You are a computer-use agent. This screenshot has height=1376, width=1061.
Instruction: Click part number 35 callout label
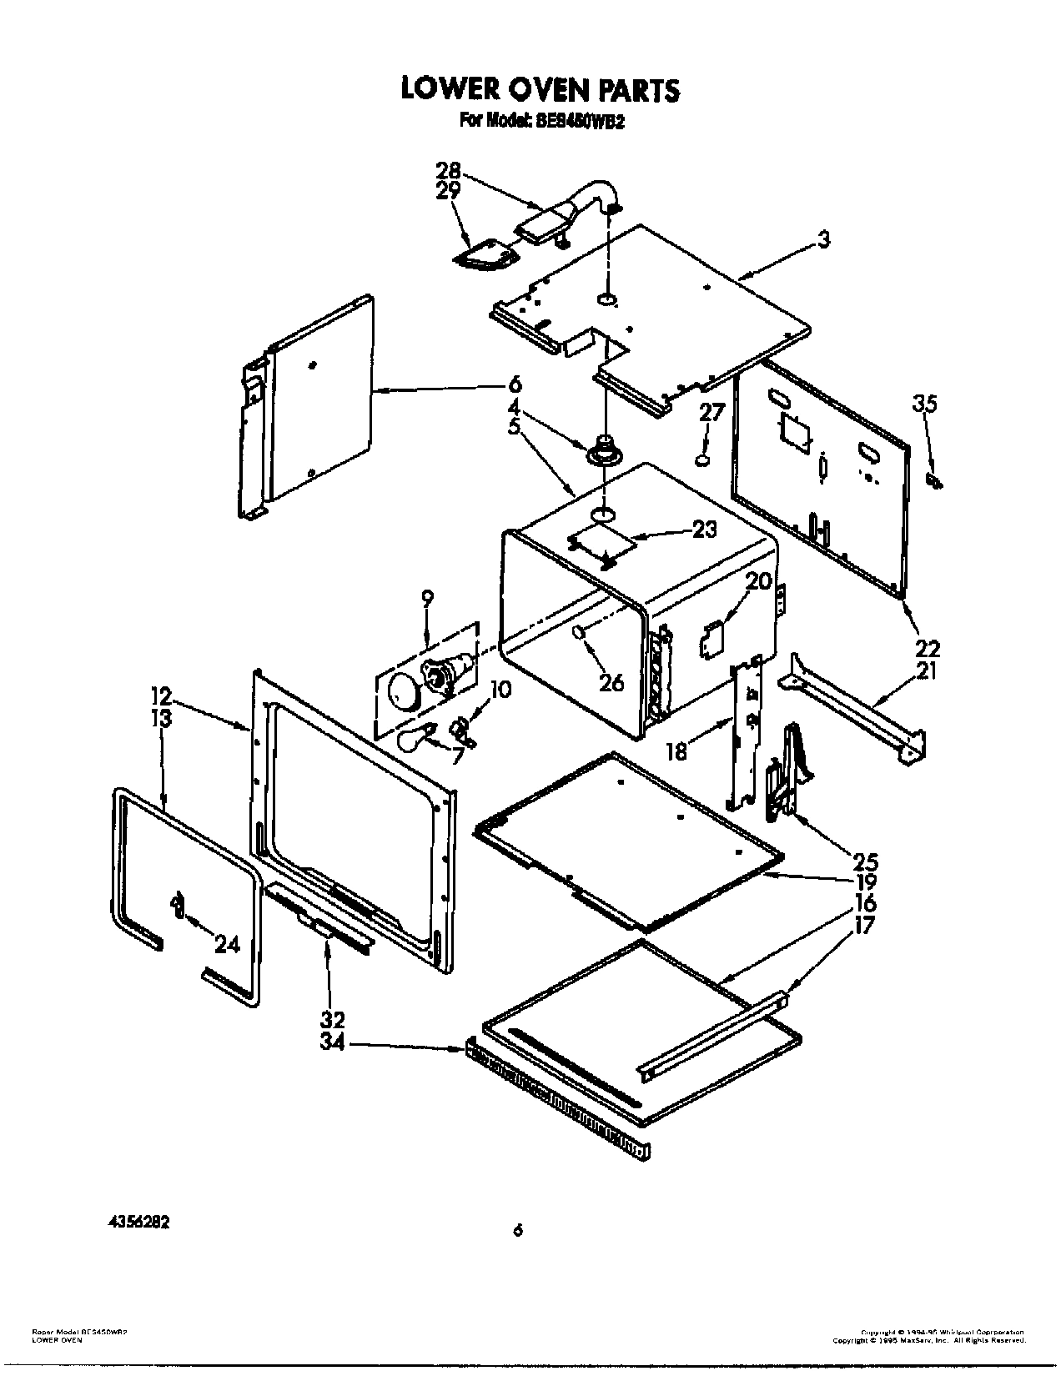click(x=925, y=404)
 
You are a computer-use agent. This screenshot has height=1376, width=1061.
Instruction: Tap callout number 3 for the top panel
click(x=823, y=241)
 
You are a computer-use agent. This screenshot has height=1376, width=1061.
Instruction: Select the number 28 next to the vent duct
click(x=448, y=171)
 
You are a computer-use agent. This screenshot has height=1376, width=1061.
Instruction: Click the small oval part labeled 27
click(x=703, y=459)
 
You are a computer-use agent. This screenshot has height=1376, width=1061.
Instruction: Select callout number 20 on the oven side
click(x=758, y=581)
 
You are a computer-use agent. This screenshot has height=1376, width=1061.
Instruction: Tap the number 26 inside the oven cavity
click(x=611, y=682)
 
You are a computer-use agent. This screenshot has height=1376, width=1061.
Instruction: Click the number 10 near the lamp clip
click(x=500, y=691)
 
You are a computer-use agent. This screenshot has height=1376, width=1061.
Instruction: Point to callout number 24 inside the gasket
click(x=227, y=944)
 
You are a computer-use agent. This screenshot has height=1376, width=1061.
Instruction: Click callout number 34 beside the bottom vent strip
click(x=334, y=1043)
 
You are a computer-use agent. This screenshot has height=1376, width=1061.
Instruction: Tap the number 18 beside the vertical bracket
click(x=676, y=751)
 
